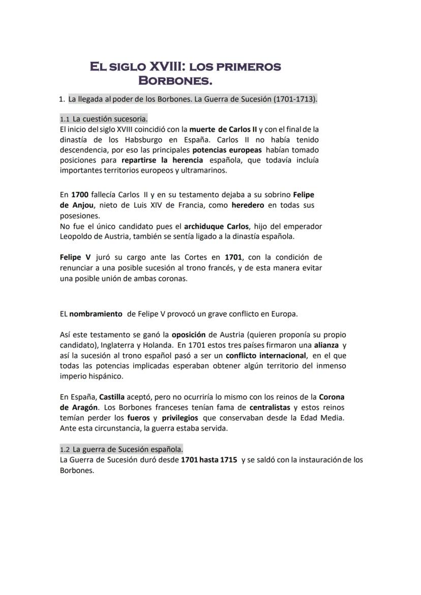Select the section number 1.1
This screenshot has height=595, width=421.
coord(65,119)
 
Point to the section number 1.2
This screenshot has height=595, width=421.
coord(65,450)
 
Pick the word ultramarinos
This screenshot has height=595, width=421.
coord(202,170)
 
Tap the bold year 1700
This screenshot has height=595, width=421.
coord(80,195)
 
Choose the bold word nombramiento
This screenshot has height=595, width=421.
coord(96,314)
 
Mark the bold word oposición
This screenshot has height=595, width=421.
coord(189,335)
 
